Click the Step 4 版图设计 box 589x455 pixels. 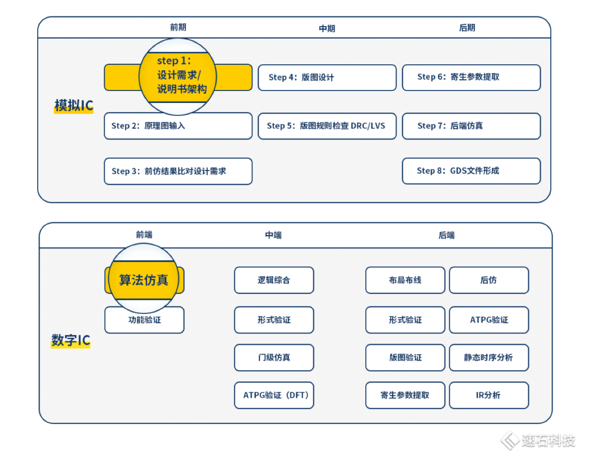point(327,77)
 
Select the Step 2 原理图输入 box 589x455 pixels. point(178,126)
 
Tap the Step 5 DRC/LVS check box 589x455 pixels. point(327,126)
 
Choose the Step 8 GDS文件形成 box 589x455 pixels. point(471,171)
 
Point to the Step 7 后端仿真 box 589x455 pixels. point(471,126)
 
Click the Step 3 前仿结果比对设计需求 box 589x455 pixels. point(178,171)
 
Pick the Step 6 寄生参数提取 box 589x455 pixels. point(471,77)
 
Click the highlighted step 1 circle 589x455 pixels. point(178,76)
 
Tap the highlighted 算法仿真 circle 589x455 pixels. point(144,280)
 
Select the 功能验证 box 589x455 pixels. point(144,320)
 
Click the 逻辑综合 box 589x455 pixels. point(274,280)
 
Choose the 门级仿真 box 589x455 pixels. point(274,357)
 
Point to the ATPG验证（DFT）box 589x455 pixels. point(274,395)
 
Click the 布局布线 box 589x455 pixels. point(405,280)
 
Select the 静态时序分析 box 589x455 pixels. point(489,357)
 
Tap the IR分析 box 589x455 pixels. point(489,395)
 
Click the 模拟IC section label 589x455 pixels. point(74,106)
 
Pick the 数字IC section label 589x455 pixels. point(70,341)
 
